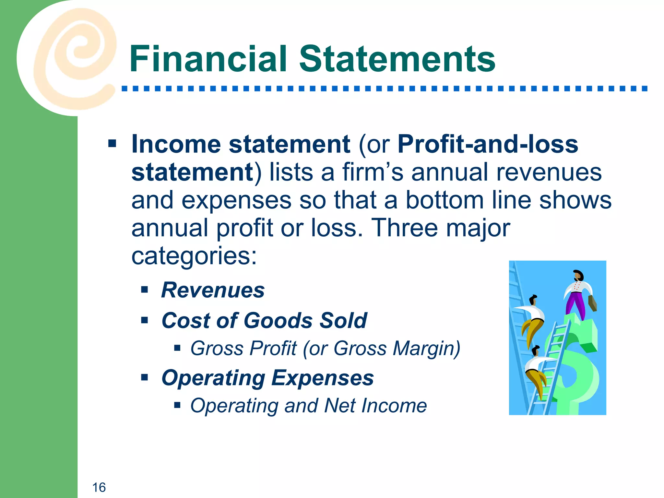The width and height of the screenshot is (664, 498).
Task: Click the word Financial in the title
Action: coord(208,59)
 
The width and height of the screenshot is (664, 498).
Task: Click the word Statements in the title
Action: coord(397,59)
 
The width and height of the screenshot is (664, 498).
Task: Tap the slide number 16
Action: coord(99,487)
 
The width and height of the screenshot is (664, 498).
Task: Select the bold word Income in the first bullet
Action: coord(175,144)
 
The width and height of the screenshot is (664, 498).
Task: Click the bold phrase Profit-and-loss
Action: coord(488,144)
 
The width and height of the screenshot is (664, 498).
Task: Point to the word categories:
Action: coord(194,256)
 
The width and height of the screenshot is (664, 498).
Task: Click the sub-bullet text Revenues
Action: coord(213,290)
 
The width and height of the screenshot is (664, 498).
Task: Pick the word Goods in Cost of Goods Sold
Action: coord(278,320)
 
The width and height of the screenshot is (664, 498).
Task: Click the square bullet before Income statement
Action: coord(112,143)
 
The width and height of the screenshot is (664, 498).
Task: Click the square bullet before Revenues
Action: coord(145,289)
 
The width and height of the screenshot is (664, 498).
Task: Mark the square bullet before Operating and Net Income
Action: coord(177,405)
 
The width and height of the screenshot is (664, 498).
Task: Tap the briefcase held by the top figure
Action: coord(592,303)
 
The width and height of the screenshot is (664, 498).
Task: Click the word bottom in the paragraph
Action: coord(445,200)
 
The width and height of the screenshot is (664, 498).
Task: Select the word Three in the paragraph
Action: coord(404,228)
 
